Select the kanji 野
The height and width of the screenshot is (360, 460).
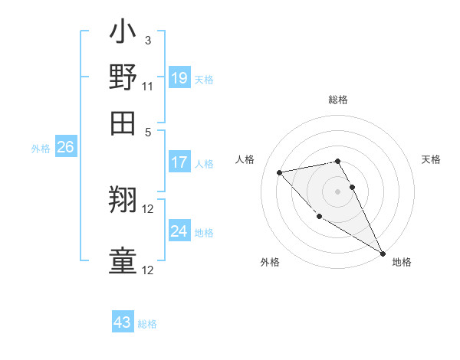[123, 77]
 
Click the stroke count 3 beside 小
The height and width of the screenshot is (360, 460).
[147, 40]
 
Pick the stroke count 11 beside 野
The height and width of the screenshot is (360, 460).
[148, 86]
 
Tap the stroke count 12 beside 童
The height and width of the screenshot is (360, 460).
[149, 270]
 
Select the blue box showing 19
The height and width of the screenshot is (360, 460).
[179, 77]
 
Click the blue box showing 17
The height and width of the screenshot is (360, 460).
[179, 162]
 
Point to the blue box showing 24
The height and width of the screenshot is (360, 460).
[179, 231]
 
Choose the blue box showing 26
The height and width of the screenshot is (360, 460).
[65, 148]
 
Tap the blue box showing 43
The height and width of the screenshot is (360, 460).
[123, 322]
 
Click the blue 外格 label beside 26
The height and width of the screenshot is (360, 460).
[41, 149]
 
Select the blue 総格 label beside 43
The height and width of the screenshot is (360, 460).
[147, 324]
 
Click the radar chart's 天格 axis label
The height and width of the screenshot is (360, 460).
[432, 159]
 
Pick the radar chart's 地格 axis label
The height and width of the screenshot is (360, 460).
[402, 262]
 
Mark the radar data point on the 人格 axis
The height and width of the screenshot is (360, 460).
[281, 172]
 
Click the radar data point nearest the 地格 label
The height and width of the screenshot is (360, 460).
[383, 254]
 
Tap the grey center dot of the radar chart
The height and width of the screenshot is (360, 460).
[338, 191]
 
